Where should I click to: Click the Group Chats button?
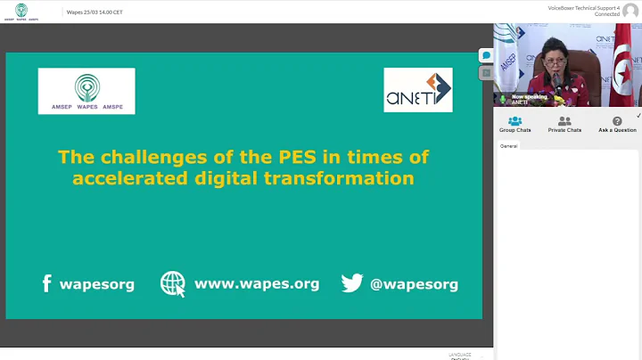[514, 124]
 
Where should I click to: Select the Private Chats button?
[564, 124]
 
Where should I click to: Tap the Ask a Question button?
[617, 124]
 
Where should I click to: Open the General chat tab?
[508, 145]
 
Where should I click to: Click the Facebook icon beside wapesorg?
[47, 284]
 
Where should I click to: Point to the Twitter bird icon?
[352, 283]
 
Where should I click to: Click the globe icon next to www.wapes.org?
[173, 283]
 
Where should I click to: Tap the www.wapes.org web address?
[257, 284]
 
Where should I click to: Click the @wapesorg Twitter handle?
[414, 285]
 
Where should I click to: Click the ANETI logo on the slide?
[417, 90]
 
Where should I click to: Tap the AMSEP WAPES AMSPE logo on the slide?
[86, 91]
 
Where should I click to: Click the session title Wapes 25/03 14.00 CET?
[95, 12]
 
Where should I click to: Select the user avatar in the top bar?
[630, 11]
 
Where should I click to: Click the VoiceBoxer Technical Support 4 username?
[583, 8]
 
